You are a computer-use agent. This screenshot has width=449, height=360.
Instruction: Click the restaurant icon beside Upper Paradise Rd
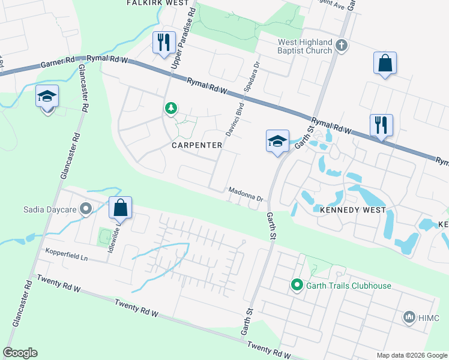point(163,43)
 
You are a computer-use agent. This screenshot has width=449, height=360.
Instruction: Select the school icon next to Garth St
point(277,142)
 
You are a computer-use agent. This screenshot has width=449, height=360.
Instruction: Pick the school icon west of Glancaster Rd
point(47,96)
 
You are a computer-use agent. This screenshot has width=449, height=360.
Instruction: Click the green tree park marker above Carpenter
point(171,108)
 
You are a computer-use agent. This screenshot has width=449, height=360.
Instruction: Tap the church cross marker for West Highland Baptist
point(341,46)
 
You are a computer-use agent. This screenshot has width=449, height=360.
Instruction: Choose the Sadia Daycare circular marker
point(86,209)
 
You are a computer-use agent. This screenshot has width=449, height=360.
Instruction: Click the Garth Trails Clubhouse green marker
point(296,285)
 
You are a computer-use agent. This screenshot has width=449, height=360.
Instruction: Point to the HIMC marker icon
point(409,316)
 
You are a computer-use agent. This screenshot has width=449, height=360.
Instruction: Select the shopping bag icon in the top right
point(385,63)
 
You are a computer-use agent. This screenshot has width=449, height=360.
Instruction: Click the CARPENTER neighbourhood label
point(197,145)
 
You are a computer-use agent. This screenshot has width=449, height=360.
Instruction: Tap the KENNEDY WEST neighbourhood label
point(352,211)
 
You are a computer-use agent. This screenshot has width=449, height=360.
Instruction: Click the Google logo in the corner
point(20,353)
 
